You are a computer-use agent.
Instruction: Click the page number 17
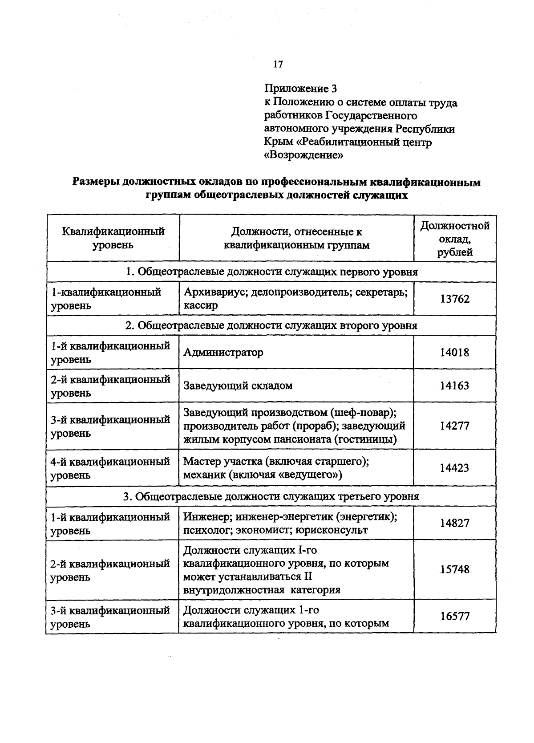click(278, 64)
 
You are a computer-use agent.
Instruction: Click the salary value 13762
click(455, 299)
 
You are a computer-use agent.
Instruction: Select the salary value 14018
click(454, 352)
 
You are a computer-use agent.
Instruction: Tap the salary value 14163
click(454, 386)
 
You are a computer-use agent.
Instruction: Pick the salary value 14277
click(454, 426)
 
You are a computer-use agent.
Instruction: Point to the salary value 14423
click(454, 468)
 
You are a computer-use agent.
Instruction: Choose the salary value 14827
click(454, 523)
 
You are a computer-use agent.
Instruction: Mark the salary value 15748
click(454, 569)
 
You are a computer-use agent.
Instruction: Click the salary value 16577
click(455, 616)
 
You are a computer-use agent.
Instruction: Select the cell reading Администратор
click(223, 352)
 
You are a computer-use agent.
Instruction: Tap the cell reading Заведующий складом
click(238, 386)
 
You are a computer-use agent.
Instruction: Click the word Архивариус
click(213, 292)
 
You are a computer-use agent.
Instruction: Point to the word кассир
click(201, 306)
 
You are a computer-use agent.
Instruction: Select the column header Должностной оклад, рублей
click(455, 239)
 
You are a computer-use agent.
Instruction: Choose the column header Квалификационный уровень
click(113, 238)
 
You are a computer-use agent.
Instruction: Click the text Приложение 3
click(300, 89)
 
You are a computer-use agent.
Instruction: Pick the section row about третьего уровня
click(271, 496)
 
